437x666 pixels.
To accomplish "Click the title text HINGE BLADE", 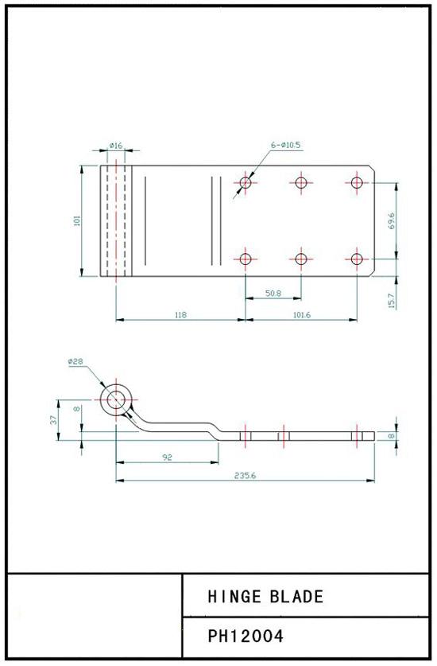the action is [265, 596].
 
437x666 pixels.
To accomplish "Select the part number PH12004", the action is [246, 637].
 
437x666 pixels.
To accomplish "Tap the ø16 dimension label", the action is [115, 146].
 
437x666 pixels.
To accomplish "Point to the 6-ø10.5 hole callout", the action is [285, 146].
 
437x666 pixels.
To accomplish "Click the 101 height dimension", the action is [77, 221].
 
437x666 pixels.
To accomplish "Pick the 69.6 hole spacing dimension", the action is [391, 221].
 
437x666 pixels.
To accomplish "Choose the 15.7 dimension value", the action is [391, 301].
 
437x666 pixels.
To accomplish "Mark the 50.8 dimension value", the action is [273, 293].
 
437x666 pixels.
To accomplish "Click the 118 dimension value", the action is [180, 315].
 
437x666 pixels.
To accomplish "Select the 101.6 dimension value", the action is [302, 315].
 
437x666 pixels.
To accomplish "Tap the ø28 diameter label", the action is [75, 361].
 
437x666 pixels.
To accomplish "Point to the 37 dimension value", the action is [53, 419].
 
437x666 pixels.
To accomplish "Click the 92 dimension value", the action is [167, 457].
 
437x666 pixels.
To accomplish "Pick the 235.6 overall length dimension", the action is [246, 476].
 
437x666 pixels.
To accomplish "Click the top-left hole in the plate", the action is [246, 183].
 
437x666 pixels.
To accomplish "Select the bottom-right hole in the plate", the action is [357, 259].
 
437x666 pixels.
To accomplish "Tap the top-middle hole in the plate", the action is [301, 183].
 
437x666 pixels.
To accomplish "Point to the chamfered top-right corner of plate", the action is [372, 168].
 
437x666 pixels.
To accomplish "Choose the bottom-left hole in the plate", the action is [246, 259].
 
